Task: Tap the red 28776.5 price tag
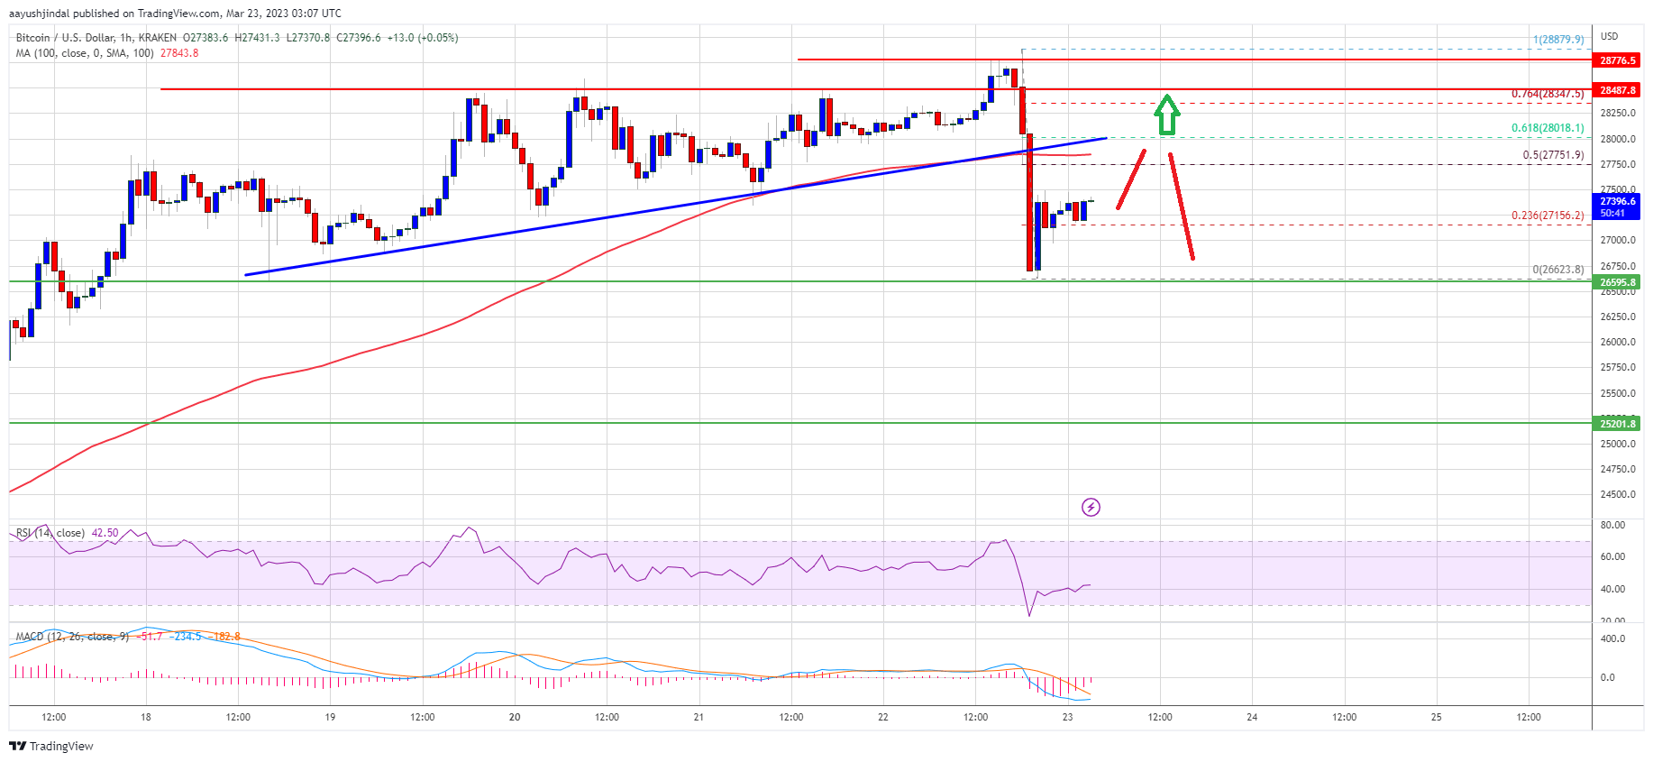click(1618, 60)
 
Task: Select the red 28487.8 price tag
click(1618, 90)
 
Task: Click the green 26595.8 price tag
click(1618, 282)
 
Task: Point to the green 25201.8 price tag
click(1618, 424)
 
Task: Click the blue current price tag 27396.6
click(1618, 207)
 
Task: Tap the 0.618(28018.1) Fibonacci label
click(1548, 128)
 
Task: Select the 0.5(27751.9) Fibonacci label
click(1553, 155)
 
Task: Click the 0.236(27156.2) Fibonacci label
click(1548, 216)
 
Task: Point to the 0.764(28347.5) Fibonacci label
click(1548, 94)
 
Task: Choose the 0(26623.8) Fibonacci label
click(1557, 270)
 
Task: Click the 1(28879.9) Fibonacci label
click(1558, 40)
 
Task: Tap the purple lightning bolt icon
click(1091, 507)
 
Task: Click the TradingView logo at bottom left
click(51, 746)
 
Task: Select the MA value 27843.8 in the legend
click(179, 53)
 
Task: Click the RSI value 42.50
click(105, 533)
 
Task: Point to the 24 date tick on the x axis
click(1252, 718)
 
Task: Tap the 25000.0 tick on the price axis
click(1618, 444)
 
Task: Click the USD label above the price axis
click(1609, 37)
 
